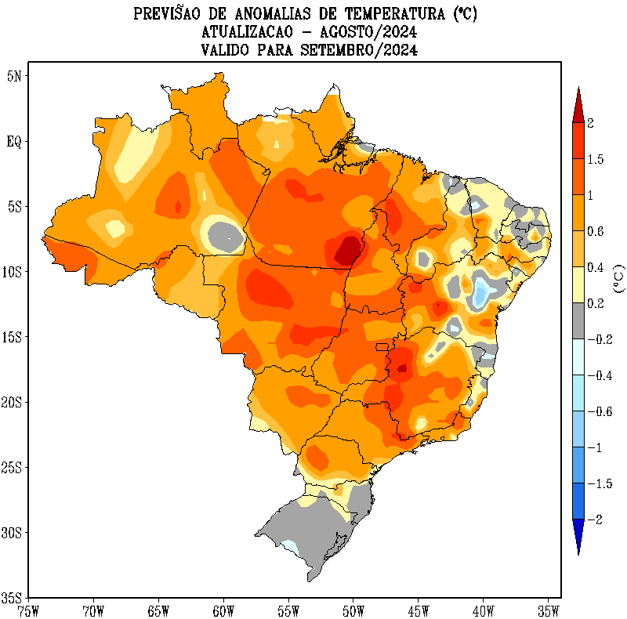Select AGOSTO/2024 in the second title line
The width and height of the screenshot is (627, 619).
pos(366,32)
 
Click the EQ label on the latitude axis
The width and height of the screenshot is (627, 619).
pos(15,142)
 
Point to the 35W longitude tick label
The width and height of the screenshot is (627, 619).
pos(548,610)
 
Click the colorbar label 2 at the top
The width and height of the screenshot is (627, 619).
pos(590,123)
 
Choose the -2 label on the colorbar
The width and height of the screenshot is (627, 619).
pos(593,520)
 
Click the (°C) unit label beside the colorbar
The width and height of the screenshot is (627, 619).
pos(619,278)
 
